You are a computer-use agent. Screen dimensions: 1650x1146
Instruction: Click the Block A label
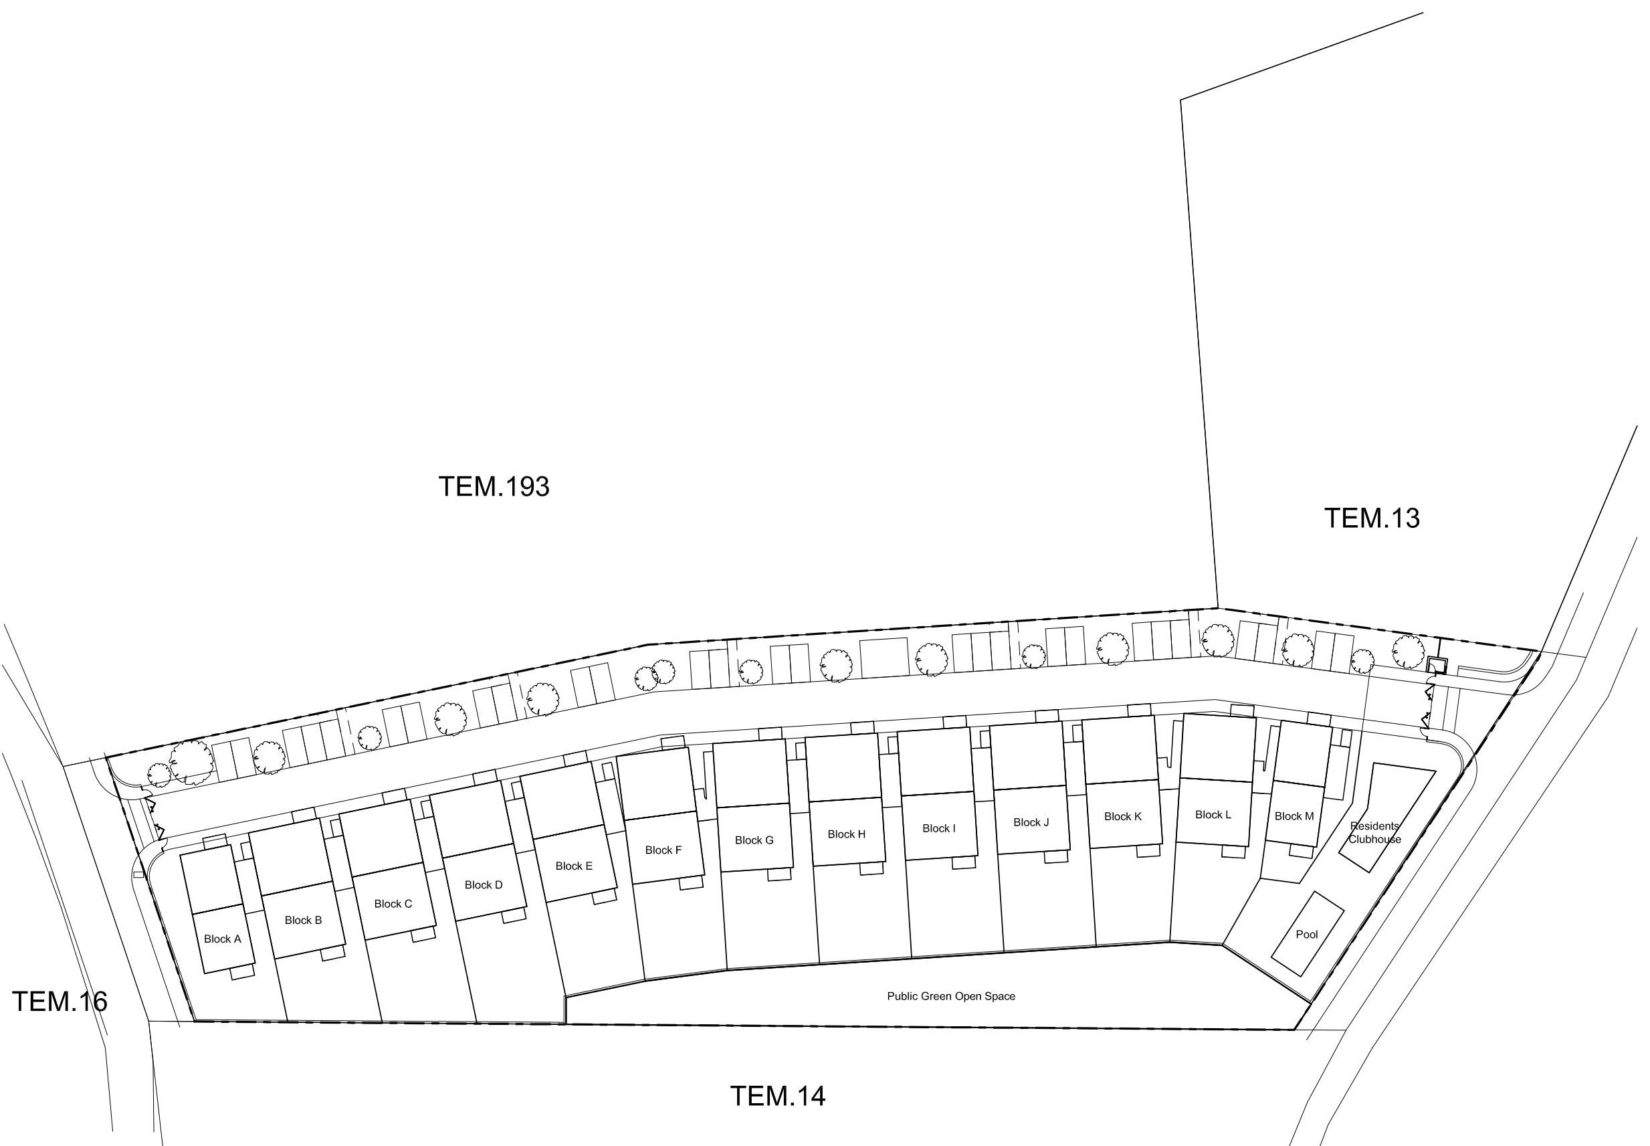pos(223,939)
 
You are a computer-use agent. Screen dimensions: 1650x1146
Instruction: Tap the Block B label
pos(303,920)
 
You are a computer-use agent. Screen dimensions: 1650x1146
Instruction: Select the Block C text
pos(393,903)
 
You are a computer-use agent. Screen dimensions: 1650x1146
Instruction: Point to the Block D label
pos(484,884)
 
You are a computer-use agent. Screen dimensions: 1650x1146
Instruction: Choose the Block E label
pos(574,866)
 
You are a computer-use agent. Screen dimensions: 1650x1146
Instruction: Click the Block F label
pos(663,850)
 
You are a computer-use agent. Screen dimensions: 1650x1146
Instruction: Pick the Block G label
pos(754,840)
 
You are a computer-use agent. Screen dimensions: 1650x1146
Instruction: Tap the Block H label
pos(847,834)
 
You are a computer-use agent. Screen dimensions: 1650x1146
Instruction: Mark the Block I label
pos(939,829)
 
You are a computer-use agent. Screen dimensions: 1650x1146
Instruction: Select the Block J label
pos(1031,822)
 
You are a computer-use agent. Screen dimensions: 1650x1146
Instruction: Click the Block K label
pos(1123,816)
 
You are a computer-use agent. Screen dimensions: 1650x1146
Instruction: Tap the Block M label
pos(1295,816)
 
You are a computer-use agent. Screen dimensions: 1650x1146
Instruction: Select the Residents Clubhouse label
pos(1374,832)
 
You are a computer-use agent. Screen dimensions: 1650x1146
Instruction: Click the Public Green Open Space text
pos(951,996)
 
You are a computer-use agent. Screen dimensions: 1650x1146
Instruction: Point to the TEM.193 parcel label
pos(494,487)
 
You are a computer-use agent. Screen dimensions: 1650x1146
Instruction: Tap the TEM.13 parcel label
pos(1372,518)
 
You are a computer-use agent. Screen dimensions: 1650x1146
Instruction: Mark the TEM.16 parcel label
pos(60,1001)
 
